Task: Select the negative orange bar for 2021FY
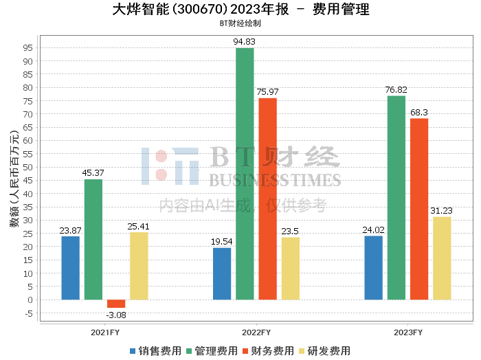[116, 304]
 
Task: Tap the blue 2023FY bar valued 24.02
[373, 268]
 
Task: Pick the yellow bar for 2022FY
[290, 269]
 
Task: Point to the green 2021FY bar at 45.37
[93, 239]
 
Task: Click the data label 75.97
[268, 92]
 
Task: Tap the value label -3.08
[116, 315]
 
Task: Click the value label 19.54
[222, 242]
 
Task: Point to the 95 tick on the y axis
[28, 48]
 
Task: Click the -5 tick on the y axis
[28, 313]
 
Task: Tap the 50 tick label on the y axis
[28, 168]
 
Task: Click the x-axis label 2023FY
[407, 332]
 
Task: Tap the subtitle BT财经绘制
[240, 23]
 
